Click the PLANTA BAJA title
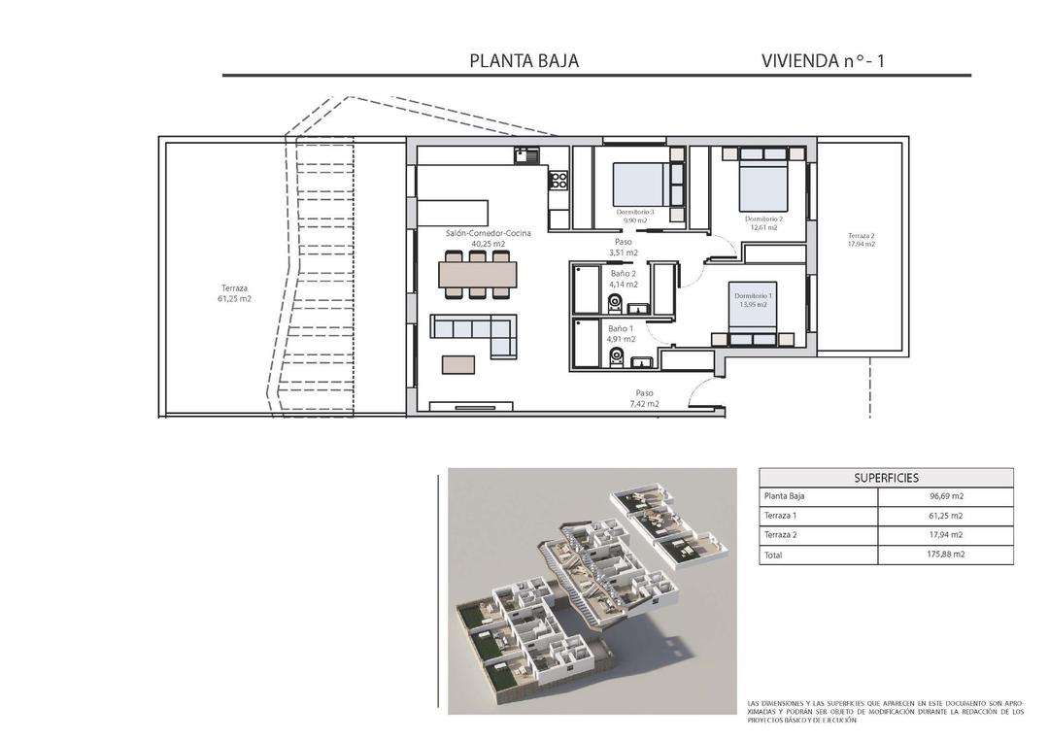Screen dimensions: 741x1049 click(524, 60)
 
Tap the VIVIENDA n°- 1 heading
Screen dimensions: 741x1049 click(823, 60)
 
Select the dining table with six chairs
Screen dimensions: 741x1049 click(478, 275)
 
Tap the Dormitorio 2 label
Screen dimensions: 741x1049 click(763, 219)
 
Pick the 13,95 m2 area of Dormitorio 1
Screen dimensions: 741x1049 click(753, 304)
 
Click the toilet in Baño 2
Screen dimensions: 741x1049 click(615, 305)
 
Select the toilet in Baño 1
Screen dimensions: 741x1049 click(615, 359)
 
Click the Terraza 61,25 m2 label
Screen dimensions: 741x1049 click(234, 293)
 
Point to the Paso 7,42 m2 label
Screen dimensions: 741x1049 click(642, 398)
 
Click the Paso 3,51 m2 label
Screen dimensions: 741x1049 click(623, 247)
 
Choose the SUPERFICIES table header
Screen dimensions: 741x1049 click(886, 478)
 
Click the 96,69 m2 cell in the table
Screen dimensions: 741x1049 click(945, 496)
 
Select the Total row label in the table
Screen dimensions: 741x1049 click(773, 556)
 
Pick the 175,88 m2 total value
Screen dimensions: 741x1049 click(945, 555)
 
